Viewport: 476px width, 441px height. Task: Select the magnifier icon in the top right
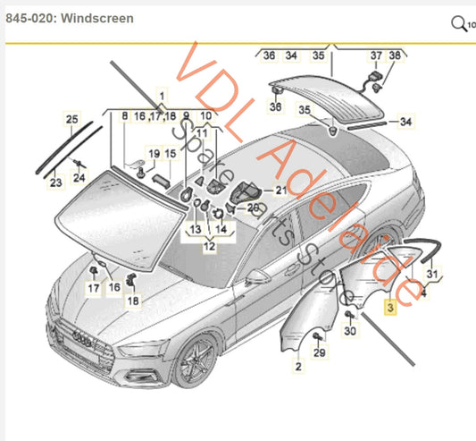pyautogui.click(x=459, y=22)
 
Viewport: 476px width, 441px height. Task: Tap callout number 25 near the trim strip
pyautogui.click(x=72, y=119)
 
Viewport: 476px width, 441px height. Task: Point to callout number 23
pyautogui.click(x=55, y=182)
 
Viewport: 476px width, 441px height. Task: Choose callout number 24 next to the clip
pyautogui.click(x=79, y=177)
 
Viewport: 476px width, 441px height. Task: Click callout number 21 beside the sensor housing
pyautogui.click(x=281, y=191)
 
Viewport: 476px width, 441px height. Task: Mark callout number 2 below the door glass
pyautogui.click(x=298, y=367)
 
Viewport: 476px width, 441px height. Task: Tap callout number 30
pyautogui.click(x=350, y=331)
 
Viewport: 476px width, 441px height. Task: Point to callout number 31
pyautogui.click(x=431, y=273)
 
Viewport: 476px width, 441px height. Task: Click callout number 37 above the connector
pyautogui.click(x=375, y=55)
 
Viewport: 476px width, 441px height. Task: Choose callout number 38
pyautogui.click(x=396, y=55)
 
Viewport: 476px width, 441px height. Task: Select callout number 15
pyautogui.click(x=170, y=154)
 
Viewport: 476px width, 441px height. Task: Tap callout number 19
pyautogui.click(x=154, y=154)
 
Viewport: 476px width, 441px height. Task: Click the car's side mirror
pyautogui.click(x=258, y=277)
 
